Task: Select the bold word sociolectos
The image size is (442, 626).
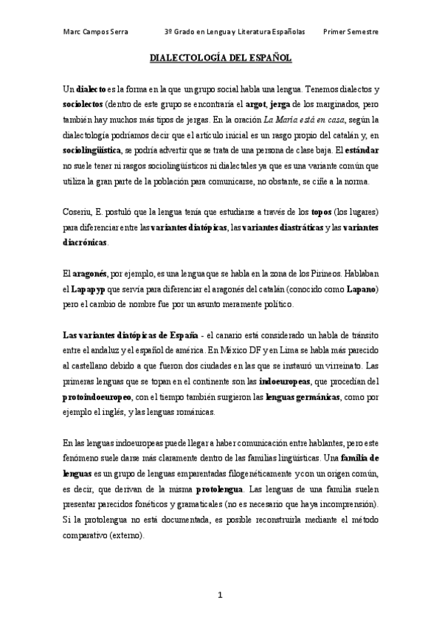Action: pos(84,104)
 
